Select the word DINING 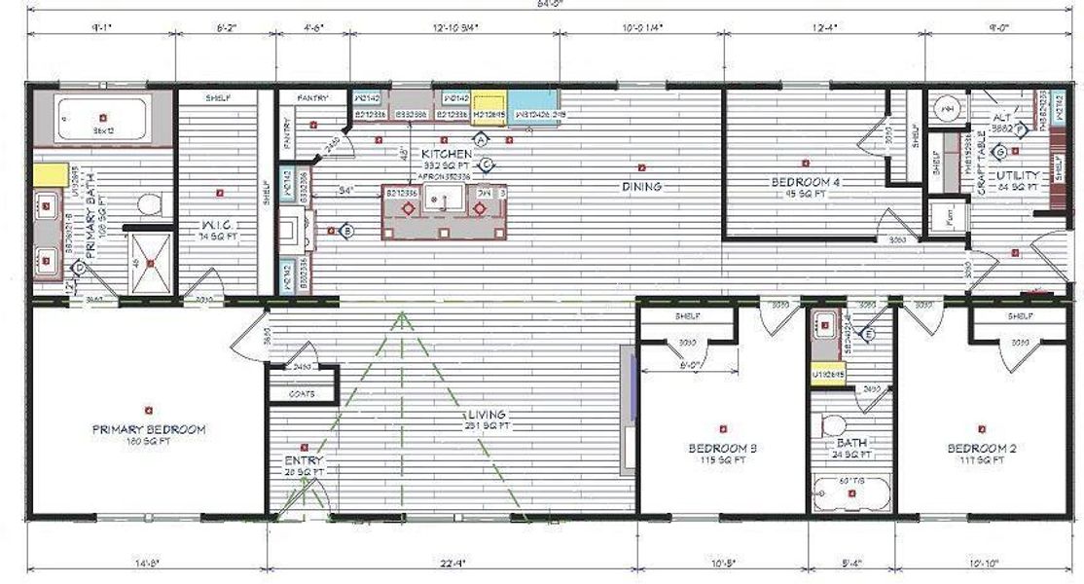[641, 186]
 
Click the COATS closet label [302, 395]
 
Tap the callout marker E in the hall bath [869, 334]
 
